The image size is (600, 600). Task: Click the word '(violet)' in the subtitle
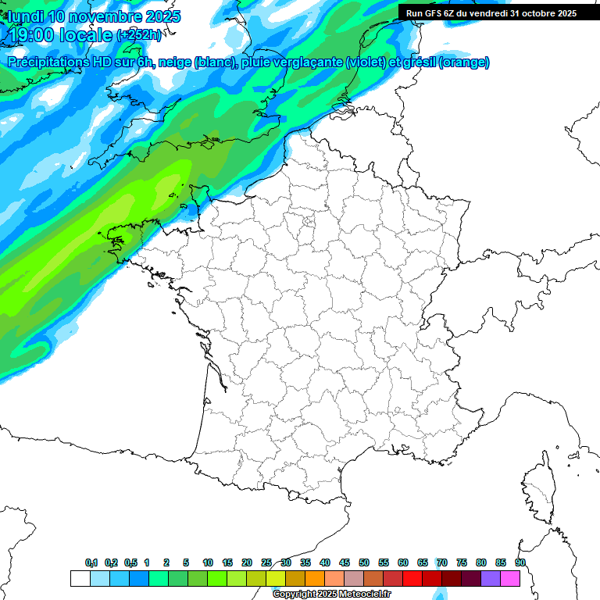point(366,62)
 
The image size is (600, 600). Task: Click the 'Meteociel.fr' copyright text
point(360,594)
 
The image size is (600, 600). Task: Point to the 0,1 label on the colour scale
point(91,562)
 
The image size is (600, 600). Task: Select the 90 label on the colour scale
point(520,562)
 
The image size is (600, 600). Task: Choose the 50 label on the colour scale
point(364,562)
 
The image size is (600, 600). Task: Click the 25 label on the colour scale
point(266,562)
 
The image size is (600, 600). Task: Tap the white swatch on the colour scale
point(80,578)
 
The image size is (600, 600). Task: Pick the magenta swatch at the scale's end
point(510,578)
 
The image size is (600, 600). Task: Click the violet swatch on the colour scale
point(491,578)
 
